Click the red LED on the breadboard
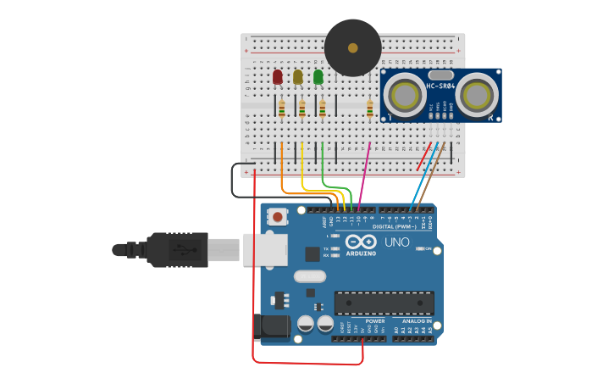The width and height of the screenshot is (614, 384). (x=278, y=77)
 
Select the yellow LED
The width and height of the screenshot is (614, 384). (x=297, y=77)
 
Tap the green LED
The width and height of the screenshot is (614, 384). (x=318, y=77)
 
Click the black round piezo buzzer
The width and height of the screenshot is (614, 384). (x=352, y=47)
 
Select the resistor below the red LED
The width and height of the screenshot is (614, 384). (x=282, y=109)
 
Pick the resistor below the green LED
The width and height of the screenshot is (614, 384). (x=323, y=109)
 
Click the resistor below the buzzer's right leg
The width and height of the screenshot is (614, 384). (x=370, y=108)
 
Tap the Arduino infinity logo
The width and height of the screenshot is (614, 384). (x=359, y=242)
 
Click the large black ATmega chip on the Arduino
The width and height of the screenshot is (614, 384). (x=384, y=303)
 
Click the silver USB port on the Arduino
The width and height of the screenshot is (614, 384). (x=265, y=249)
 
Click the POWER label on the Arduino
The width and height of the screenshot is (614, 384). (x=374, y=321)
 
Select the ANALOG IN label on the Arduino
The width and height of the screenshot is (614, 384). (x=416, y=321)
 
